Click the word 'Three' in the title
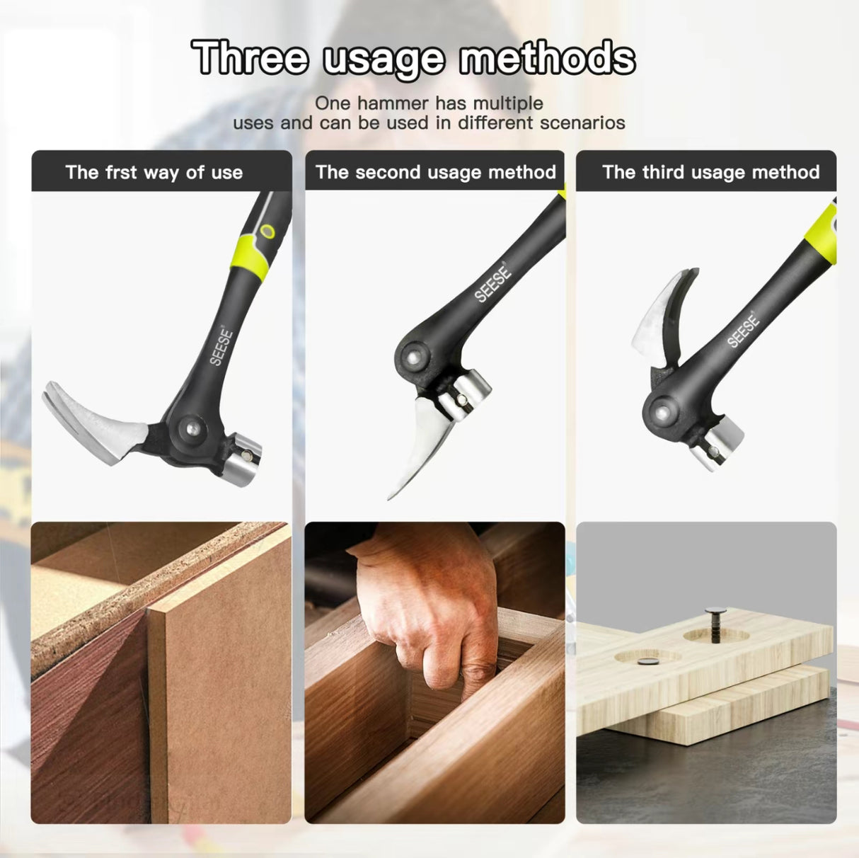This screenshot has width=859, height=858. tap(251, 58)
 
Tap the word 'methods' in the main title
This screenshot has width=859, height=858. tap(547, 58)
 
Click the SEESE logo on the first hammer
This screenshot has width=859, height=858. tap(221, 345)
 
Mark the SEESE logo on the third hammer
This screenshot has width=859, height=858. tap(743, 330)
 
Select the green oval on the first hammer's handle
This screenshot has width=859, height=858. tap(267, 231)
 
